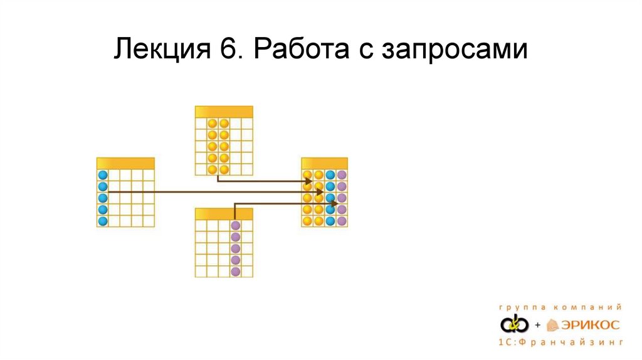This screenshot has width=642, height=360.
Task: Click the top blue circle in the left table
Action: (x=103, y=176)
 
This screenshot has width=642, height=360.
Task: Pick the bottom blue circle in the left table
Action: (x=103, y=221)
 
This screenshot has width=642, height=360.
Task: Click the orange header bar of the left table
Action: (x=125, y=163)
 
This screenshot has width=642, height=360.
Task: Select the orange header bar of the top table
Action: (x=224, y=112)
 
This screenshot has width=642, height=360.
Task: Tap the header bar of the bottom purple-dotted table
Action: (x=224, y=214)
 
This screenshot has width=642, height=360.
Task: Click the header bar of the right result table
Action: (x=324, y=163)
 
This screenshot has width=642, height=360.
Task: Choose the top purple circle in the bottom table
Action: (x=236, y=226)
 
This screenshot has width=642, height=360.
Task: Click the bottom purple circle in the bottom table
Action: (x=236, y=272)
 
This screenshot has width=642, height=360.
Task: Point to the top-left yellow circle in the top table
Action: (x=213, y=124)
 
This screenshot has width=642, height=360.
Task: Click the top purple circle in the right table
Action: (x=342, y=175)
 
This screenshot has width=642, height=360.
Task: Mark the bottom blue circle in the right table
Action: (x=330, y=221)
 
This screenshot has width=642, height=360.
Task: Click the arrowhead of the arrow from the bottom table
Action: (x=335, y=203)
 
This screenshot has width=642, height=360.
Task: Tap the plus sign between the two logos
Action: (x=537, y=325)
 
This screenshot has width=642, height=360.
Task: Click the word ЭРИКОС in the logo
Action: (x=592, y=325)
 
